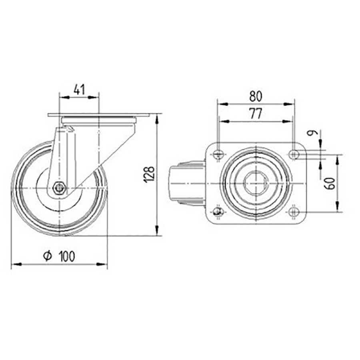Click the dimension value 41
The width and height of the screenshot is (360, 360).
tap(79, 90)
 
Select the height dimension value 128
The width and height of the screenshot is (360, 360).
tap(148, 174)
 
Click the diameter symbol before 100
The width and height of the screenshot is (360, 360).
tap(47, 256)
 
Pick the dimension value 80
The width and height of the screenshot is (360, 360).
tap(256, 96)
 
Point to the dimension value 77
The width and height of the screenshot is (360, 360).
tap(256, 114)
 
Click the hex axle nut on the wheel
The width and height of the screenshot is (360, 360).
tap(59, 188)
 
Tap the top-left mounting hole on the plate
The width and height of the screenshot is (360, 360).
tap(218, 153)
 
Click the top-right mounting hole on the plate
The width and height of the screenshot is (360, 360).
tap(294, 153)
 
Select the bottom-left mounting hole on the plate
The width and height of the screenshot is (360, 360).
tap(218, 211)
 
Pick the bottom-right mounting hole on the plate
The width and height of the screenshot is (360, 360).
tap(294, 211)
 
